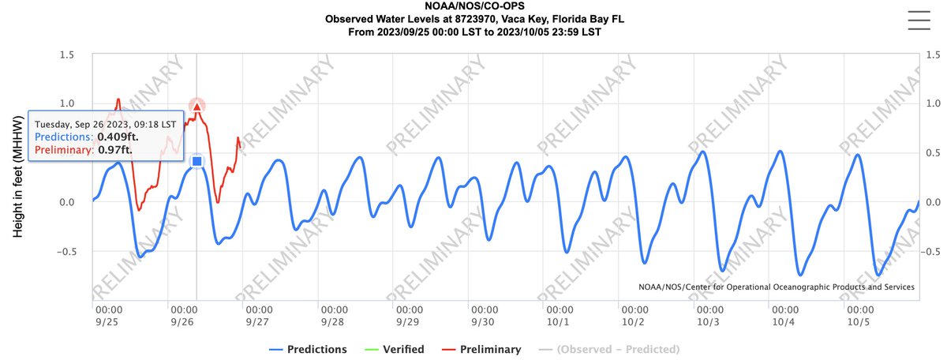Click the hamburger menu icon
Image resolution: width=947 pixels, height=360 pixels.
pos(920,20)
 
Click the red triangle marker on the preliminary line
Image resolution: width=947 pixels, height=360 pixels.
pos(197,107)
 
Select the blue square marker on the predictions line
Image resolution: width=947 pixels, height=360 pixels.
pos(197,161)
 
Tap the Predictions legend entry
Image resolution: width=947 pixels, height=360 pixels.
pos(307,349)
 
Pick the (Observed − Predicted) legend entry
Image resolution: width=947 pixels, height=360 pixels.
pos(612,349)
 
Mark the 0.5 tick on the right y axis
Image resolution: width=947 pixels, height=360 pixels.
pos(934,153)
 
